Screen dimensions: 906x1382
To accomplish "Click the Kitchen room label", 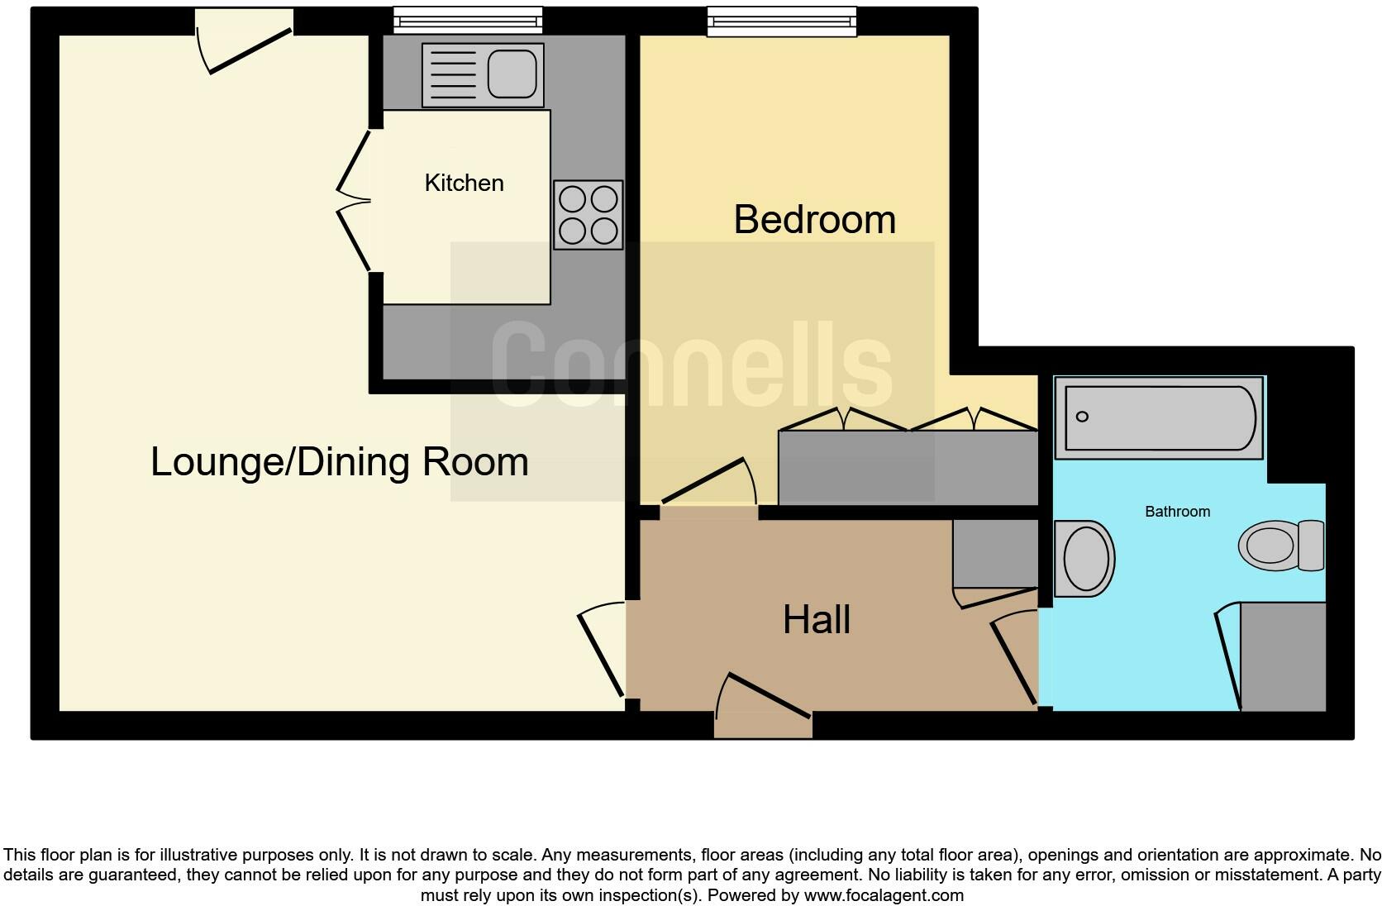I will click(464, 183).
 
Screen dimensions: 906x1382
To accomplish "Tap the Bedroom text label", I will click(814, 220).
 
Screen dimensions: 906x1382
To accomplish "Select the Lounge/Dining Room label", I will click(339, 461).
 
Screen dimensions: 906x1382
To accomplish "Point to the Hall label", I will click(816, 620).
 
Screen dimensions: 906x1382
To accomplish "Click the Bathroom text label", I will click(1177, 512).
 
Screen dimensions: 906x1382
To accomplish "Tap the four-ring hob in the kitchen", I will click(588, 215).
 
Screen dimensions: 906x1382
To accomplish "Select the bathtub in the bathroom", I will click(1159, 417).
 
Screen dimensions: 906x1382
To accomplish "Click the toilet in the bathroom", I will click(1281, 546).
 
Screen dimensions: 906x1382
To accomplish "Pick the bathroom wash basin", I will click(1085, 559).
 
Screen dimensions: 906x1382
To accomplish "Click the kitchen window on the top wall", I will click(468, 20).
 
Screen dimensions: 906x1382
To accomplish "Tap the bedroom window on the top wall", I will click(781, 21).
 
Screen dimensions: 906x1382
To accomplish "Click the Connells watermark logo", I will click(692, 365).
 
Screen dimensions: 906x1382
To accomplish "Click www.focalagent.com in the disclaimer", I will click(883, 895).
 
